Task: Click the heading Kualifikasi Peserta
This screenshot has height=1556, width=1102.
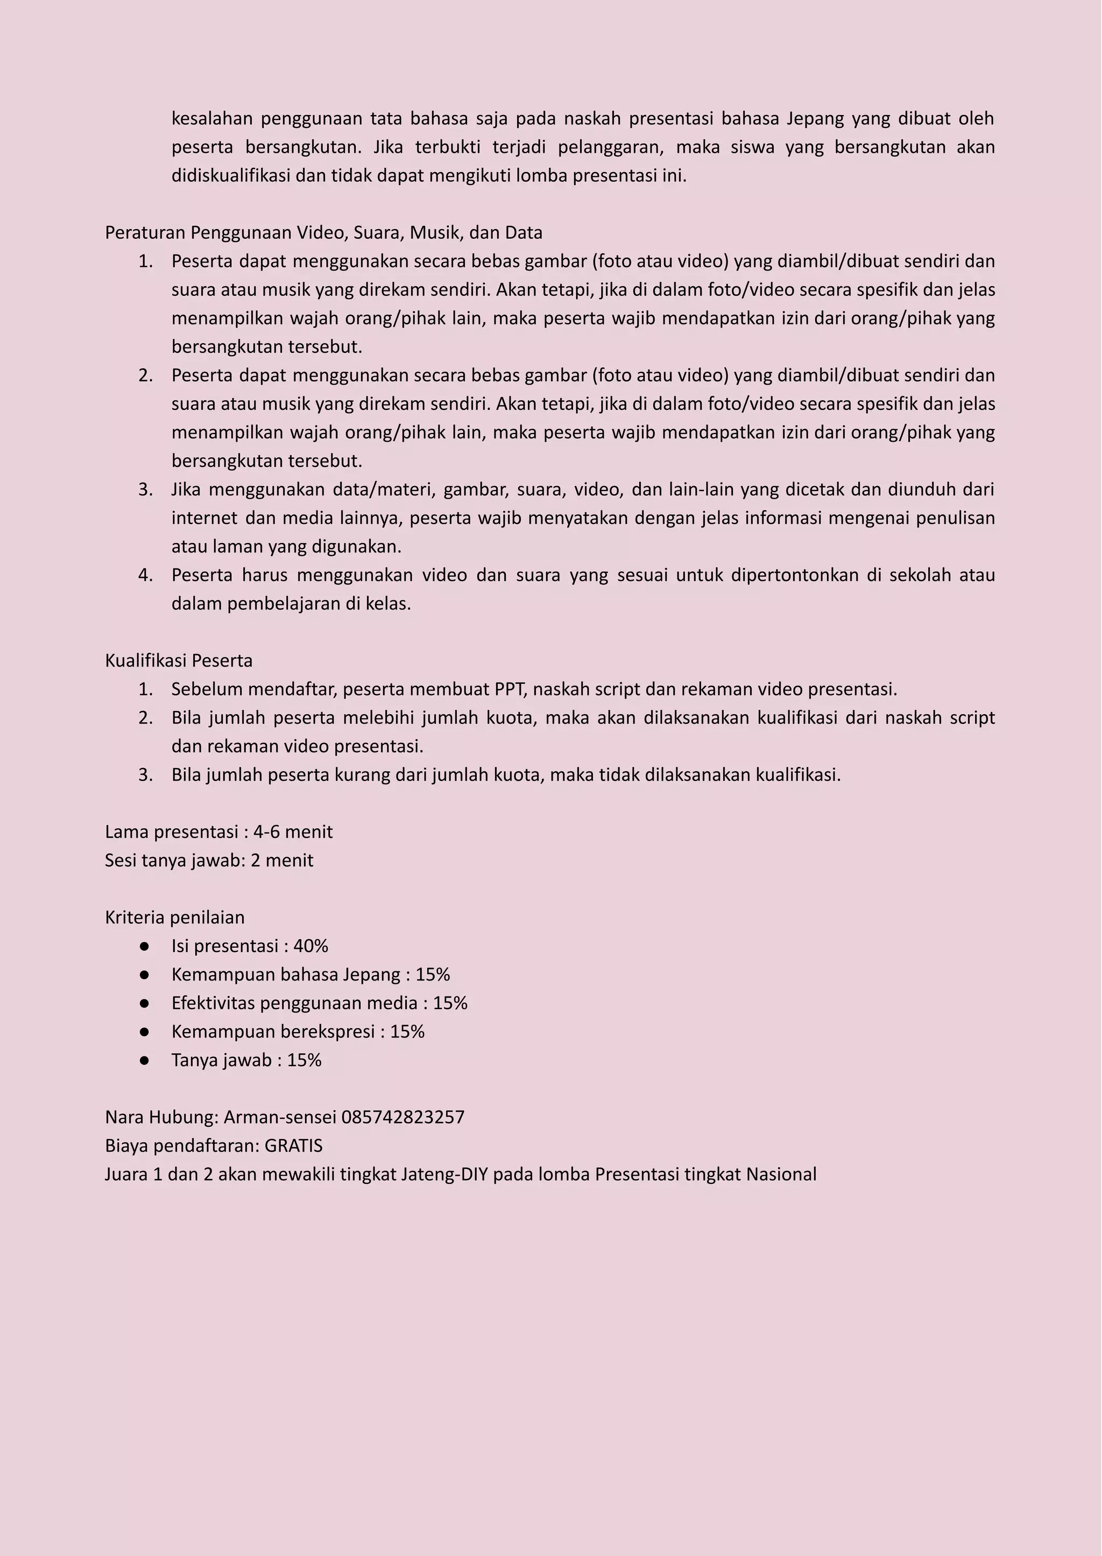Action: pyautogui.click(x=179, y=660)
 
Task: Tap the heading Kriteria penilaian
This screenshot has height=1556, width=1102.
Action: pyautogui.click(x=174, y=917)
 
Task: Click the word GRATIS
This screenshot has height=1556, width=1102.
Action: pyautogui.click(x=293, y=1146)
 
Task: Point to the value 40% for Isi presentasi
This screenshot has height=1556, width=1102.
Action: pyautogui.click(x=311, y=946)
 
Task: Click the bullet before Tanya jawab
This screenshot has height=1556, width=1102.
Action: pyautogui.click(x=144, y=1060)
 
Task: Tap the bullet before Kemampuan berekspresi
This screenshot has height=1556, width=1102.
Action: pyautogui.click(x=144, y=1032)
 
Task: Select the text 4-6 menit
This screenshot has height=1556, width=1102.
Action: pyautogui.click(x=293, y=832)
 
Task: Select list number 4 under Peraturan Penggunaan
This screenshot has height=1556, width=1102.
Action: pyautogui.click(x=145, y=575)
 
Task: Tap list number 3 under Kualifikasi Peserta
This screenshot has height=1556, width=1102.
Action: pyautogui.click(x=145, y=775)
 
